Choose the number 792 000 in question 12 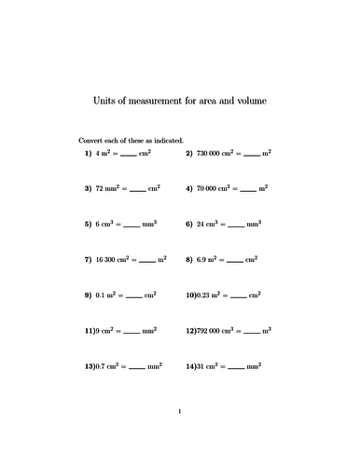coord(212,331)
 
